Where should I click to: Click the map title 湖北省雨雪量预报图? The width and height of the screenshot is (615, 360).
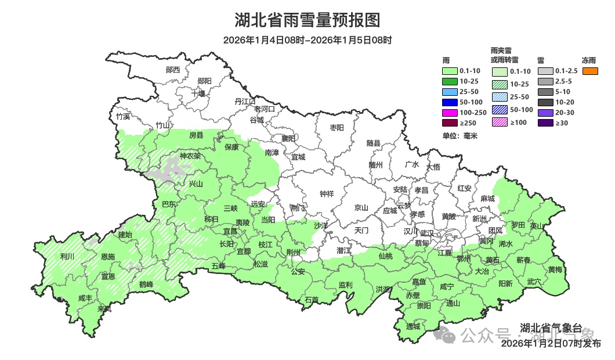[307, 20]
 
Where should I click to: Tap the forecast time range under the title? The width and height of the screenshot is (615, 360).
[307, 40]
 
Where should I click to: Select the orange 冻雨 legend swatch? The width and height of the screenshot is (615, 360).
[590, 71]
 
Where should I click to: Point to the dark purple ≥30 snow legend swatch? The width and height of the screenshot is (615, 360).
[545, 123]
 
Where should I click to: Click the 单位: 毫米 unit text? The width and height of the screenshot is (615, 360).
[459, 136]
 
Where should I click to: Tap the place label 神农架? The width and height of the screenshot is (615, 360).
[190, 156]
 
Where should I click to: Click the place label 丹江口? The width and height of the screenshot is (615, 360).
[245, 101]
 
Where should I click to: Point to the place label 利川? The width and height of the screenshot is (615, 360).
[67, 256]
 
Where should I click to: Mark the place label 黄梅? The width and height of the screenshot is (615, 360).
[555, 269]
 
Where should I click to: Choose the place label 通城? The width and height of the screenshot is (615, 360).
[413, 326]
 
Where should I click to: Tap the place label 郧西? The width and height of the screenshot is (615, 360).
[172, 70]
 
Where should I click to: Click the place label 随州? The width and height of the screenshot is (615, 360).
[376, 164]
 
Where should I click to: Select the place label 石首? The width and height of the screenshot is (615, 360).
[312, 300]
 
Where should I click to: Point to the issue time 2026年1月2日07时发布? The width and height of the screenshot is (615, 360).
[551, 344]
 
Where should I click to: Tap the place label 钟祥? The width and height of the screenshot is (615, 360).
[327, 194]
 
